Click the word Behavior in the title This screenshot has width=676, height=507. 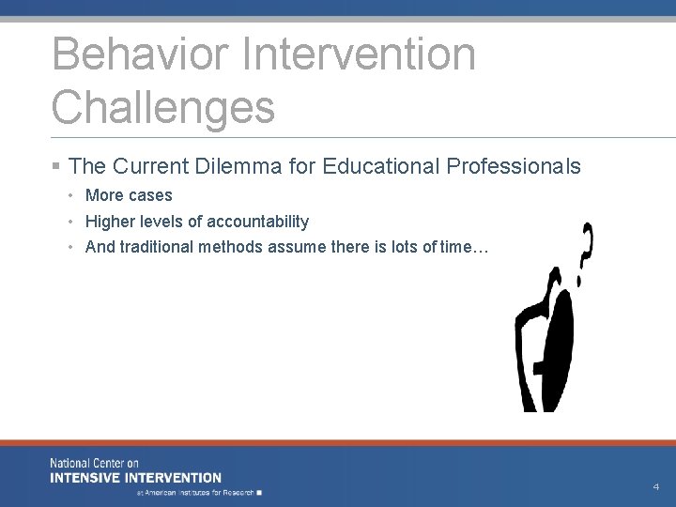tap(140, 54)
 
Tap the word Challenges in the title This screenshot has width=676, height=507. tap(163, 106)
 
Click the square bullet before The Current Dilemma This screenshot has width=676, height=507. tap(57, 167)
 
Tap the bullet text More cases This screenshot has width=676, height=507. tap(129, 195)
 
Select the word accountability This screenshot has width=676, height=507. tap(257, 222)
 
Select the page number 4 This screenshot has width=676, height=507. tap(655, 487)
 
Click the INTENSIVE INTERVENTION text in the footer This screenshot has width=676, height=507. tap(136, 478)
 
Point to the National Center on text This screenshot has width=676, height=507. tap(94, 464)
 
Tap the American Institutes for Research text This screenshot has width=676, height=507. tap(199, 492)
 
